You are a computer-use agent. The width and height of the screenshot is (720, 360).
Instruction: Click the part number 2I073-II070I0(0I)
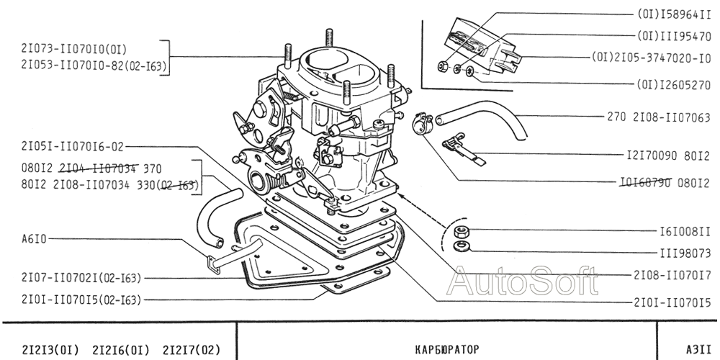click(74, 49)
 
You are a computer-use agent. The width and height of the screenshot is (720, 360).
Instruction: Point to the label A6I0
click(34, 238)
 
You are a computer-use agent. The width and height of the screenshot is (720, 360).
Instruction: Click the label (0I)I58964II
click(674, 14)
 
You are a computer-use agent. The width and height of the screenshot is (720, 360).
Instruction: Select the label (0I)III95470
click(674, 35)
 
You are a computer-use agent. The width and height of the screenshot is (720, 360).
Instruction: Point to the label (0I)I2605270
click(674, 84)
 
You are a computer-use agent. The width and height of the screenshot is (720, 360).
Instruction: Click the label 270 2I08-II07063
click(659, 117)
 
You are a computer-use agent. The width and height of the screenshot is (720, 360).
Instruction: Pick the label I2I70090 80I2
click(669, 155)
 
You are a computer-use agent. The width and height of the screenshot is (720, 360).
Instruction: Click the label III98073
click(685, 253)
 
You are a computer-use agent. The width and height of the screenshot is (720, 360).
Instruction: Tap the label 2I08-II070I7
click(672, 274)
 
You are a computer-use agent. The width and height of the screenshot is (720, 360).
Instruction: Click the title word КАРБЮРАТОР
click(447, 349)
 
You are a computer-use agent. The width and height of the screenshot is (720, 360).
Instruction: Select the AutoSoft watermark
click(523, 281)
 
